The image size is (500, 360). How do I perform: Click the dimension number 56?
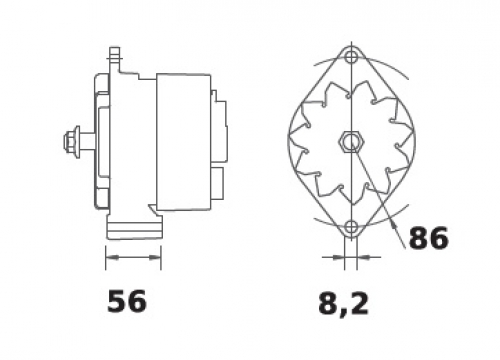pyautogui.click(x=127, y=301)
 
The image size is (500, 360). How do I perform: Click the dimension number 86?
pyautogui.click(x=429, y=238)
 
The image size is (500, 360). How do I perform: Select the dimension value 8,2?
pyautogui.click(x=344, y=304)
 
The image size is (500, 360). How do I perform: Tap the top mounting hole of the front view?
pyautogui.click(x=351, y=57)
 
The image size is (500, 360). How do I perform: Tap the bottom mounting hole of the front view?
pyautogui.click(x=351, y=227)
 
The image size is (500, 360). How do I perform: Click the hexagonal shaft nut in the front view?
pyautogui.click(x=351, y=142)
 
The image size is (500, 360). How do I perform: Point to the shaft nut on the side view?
pyautogui.click(x=70, y=141)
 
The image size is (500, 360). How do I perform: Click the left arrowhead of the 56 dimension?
pyautogui.click(x=112, y=257)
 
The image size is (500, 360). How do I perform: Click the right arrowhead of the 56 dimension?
pyautogui.click(x=154, y=257)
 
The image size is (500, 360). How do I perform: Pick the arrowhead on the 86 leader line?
pyautogui.click(x=395, y=226)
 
